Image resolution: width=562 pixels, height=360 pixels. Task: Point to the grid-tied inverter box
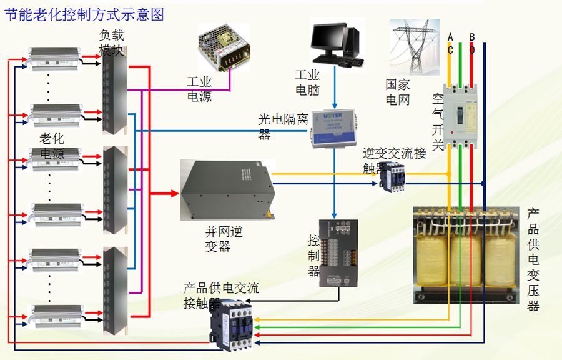(227, 190)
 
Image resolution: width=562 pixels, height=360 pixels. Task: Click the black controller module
(338, 252)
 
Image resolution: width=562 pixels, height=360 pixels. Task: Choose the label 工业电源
(199, 89)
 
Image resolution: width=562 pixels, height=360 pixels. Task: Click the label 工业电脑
(307, 82)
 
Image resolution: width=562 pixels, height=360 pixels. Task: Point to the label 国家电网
(398, 92)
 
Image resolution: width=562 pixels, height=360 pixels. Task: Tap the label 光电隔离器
(282, 126)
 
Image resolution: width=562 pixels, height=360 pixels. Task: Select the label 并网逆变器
(223, 239)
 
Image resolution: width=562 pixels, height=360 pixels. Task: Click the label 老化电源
(52, 146)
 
